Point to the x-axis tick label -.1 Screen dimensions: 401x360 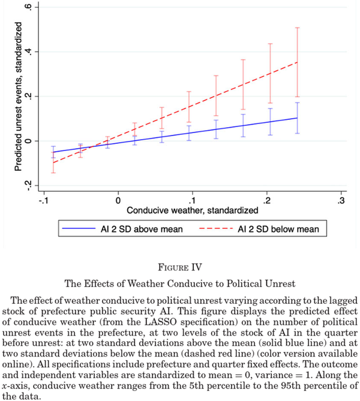[43, 199]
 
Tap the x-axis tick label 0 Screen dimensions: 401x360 [118, 199]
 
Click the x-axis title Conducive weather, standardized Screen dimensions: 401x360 [192, 210]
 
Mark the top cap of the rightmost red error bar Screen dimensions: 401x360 [296, 28]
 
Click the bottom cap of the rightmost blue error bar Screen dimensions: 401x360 [296, 133]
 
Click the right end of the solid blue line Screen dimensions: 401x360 [296, 118]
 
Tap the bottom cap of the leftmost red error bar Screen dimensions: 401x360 [53, 173]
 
